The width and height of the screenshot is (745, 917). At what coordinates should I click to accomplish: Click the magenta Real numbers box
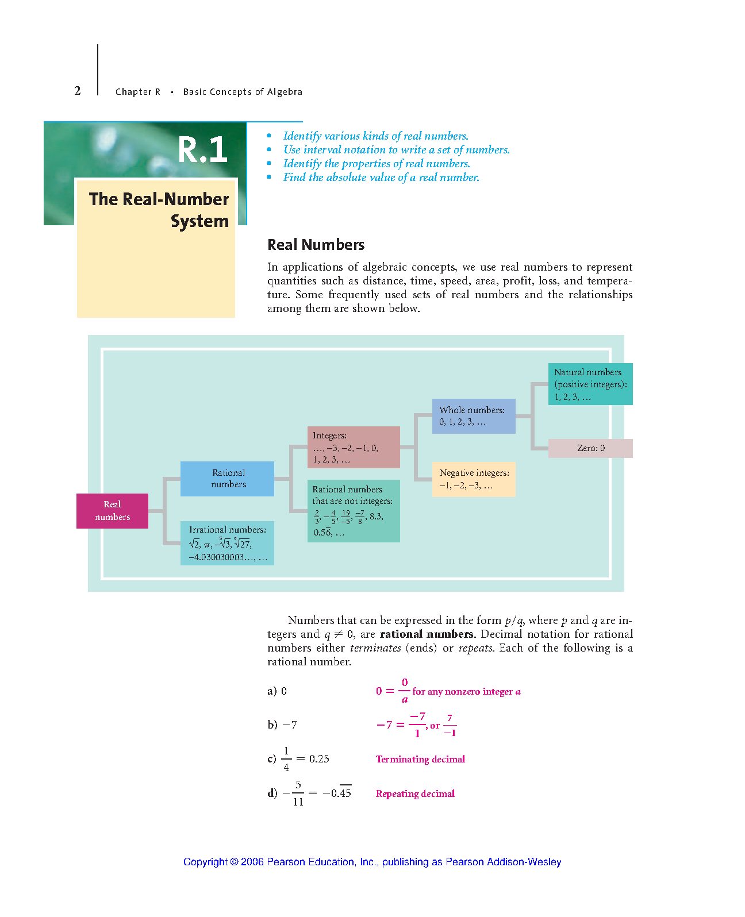(112, 511)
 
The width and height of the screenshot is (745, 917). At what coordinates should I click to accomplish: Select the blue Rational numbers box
(227, 479)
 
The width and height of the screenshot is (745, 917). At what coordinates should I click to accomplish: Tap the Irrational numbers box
(227, 543)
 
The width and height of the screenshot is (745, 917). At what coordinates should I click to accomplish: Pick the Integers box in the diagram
(354, 447)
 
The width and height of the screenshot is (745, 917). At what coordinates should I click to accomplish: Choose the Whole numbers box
(474, 416)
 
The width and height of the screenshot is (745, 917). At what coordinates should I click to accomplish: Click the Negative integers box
(474, 479)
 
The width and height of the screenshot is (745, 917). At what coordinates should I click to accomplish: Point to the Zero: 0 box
(590, 448)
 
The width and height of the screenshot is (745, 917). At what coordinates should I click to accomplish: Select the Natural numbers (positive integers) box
(590, 384)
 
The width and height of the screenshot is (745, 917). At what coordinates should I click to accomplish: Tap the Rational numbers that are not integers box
(354, 511)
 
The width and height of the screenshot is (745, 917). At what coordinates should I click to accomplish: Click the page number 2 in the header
(78, 91)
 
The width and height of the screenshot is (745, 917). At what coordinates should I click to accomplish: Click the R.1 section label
(202, 149)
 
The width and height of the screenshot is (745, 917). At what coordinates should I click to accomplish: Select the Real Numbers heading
(316, 245)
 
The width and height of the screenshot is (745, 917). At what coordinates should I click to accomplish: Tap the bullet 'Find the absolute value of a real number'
(381, 178)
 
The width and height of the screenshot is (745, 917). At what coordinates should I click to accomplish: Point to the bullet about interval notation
(396, 150)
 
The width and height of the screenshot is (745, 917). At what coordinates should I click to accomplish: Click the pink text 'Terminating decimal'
(420, 759)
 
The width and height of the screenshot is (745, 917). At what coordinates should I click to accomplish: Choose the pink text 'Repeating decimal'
(415, 793)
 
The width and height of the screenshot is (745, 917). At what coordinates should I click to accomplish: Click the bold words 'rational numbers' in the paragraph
(427, 634)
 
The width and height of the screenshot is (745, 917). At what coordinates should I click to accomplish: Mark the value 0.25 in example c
(319, 758)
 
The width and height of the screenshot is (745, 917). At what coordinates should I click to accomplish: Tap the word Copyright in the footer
(205, 862)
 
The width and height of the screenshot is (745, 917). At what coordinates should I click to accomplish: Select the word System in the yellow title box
(200, 221)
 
